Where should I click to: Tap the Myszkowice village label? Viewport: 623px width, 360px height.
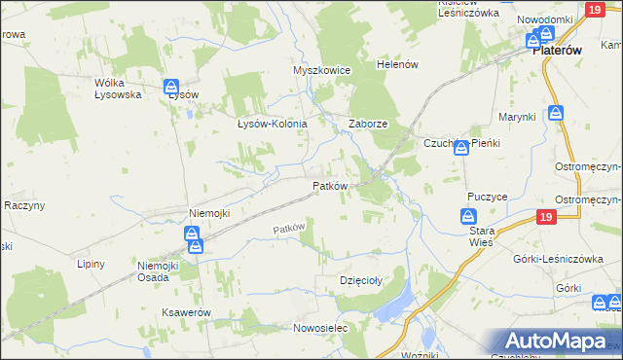(320, 71)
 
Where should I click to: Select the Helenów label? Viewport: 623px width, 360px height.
(397, 64)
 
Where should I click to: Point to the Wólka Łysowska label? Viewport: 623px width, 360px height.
(118, 89)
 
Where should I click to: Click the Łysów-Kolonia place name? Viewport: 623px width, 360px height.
(273, 125)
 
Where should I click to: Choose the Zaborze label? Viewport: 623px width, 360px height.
(369, 125)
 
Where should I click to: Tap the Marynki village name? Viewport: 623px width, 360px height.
(518, 118)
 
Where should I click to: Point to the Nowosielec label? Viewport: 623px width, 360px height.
(320, 329)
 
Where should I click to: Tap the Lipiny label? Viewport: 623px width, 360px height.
(90, 264)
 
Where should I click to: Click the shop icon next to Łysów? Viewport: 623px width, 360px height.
(171, 87)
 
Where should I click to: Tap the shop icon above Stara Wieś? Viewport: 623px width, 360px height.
(468, 215)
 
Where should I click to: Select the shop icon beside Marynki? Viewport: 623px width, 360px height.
(555, 113)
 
